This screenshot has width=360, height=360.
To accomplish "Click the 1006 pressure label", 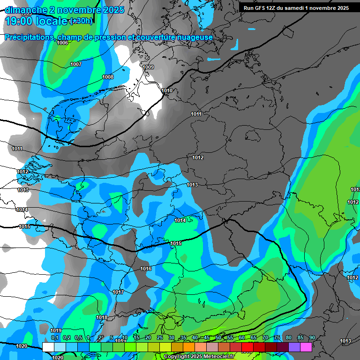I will [x=62, y=43].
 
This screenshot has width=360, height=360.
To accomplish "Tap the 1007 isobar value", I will [x=76, y=64].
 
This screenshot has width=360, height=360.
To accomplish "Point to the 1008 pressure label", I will [x=108, y=77].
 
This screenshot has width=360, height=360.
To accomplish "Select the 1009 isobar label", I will [x=148, y=67].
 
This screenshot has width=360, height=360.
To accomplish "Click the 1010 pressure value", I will [x=167, y=90].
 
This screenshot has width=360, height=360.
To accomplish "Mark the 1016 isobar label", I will [x=146, y=269].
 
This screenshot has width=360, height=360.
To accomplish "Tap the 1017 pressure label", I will [x=118, y=292].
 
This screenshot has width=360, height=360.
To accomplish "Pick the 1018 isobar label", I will [x=102, y=317].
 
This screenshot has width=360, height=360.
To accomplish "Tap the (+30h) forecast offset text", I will [x=81, y=22].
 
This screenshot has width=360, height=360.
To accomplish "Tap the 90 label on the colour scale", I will [x=312, y=337].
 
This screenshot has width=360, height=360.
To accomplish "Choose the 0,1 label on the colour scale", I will [x=54, y=337].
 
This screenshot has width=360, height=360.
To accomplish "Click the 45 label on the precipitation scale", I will [x=207, y=337].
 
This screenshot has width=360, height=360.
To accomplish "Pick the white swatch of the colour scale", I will [x=48, y=346].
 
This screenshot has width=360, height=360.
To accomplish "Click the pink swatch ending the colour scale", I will [x=306, y=346].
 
